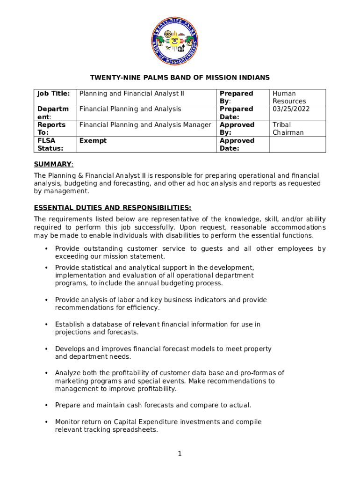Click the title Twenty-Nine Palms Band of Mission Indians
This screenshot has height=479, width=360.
coord(180,77)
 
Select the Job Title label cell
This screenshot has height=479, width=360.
coord(53,94)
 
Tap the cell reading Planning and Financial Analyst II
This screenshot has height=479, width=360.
coord(132,94)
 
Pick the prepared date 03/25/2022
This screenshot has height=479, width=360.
coord(291,109)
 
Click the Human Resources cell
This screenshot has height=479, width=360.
coord(289,97)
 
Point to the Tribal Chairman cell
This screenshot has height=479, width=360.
coord(288,129)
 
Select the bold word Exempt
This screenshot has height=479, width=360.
coord(93,141)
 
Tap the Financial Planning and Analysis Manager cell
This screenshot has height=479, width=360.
coord(145,125)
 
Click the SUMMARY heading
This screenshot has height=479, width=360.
coord(53,164)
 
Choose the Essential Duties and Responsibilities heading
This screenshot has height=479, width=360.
coord(112,208)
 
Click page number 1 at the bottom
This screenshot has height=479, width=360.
coord(180,453)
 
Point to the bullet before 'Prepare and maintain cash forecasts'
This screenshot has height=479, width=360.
coord(46,405)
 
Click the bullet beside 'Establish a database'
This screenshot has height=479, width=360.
coord(46,325)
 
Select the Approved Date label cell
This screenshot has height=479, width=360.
coord(237,145)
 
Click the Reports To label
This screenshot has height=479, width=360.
coord(51,129)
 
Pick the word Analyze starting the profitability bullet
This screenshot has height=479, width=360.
coord(68,373)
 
